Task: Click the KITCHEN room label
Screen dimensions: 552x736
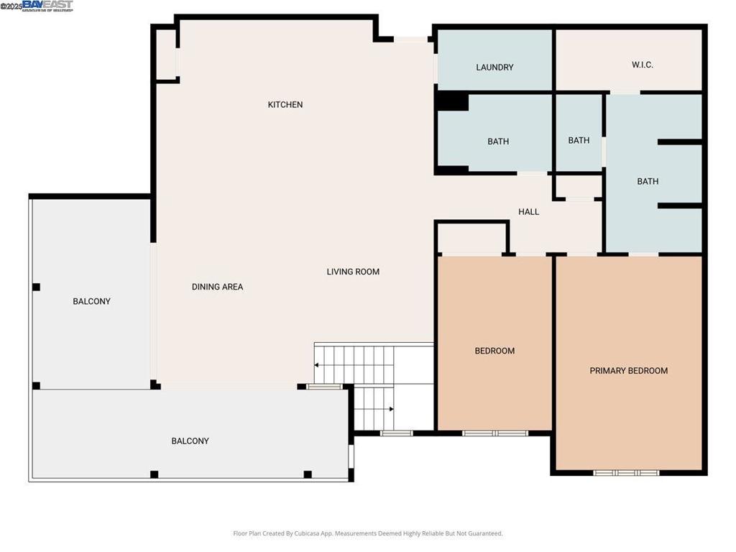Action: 285,105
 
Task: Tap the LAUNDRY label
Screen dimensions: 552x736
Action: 494,68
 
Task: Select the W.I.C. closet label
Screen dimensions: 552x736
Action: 642,65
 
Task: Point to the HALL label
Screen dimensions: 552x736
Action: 529,212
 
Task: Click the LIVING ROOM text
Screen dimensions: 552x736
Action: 353,272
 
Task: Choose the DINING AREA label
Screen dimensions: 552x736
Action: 217,287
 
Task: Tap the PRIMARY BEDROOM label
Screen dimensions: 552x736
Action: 628,371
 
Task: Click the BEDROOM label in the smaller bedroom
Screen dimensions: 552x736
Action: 494,351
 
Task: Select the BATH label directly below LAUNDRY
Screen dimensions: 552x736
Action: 498,142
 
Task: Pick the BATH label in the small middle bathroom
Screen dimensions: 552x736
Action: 579,140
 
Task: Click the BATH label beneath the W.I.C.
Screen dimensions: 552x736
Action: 648,182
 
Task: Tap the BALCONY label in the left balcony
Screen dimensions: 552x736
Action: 91,301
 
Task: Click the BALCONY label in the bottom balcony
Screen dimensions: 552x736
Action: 190,441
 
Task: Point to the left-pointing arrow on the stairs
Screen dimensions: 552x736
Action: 317,365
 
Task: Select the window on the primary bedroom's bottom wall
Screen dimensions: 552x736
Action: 626,473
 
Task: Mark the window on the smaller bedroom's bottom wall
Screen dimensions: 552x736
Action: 494,433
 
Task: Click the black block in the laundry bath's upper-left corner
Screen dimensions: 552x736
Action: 452,102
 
